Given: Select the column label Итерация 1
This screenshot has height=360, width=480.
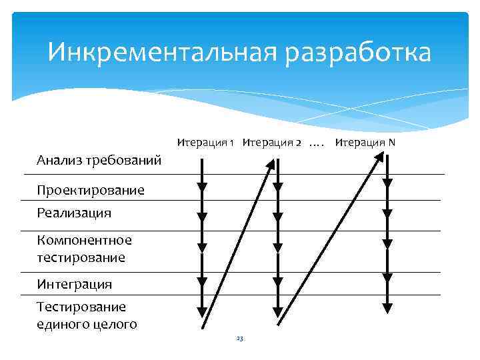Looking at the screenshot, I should pos(205,142).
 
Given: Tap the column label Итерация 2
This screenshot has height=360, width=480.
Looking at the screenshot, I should pos(271,142).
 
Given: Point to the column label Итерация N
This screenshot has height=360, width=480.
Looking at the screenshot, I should pos(365,142).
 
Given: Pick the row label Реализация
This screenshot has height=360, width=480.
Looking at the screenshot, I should pos(74,213).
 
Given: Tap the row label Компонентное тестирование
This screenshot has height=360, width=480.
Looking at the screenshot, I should pos(85,248).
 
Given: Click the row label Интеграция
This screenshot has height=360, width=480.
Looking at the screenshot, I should pos(75,284).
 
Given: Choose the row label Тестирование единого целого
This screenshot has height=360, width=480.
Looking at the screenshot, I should pos(87,315).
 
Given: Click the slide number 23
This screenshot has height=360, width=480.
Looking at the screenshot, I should pos(240,339).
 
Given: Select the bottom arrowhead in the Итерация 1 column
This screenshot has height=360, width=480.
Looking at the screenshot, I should pos(202,310).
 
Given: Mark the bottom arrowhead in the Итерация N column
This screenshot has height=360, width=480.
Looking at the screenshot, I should pos(387,307).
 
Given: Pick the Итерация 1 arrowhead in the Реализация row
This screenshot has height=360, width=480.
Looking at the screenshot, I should pos(202,217).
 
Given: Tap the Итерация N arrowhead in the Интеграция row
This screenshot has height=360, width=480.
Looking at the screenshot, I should pos(387,277).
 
